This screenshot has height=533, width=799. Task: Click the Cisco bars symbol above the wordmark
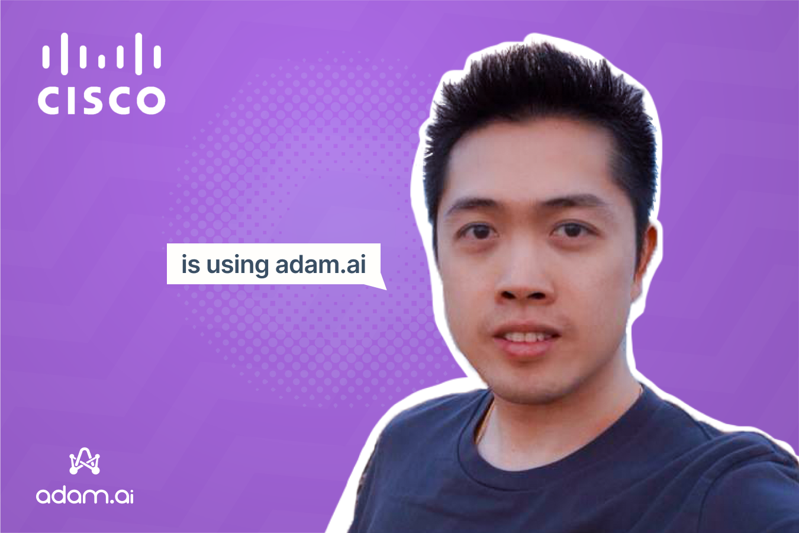pyautogui.click(x=101, y=54)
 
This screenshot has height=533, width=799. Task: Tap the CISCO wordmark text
pyautogui.click(x=101, y=100)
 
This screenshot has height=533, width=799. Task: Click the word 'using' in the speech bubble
pyautogui.click(x=237, y=265)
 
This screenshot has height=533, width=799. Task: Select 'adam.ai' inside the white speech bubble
pyautogui.click(x=320, y=264)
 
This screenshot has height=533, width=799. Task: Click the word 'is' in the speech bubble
pyautogui.click(x=190, y=264)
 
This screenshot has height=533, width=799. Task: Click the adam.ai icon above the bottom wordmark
pyautogui.click(x=85, y=461)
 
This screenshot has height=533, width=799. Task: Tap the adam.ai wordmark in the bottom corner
pyautogui.click(x=85, y=495)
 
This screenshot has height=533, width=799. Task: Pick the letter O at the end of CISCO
pyautogui.click(x=152, y=100)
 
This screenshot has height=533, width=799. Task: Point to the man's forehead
pyautogui.click(x=527, y=166)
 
